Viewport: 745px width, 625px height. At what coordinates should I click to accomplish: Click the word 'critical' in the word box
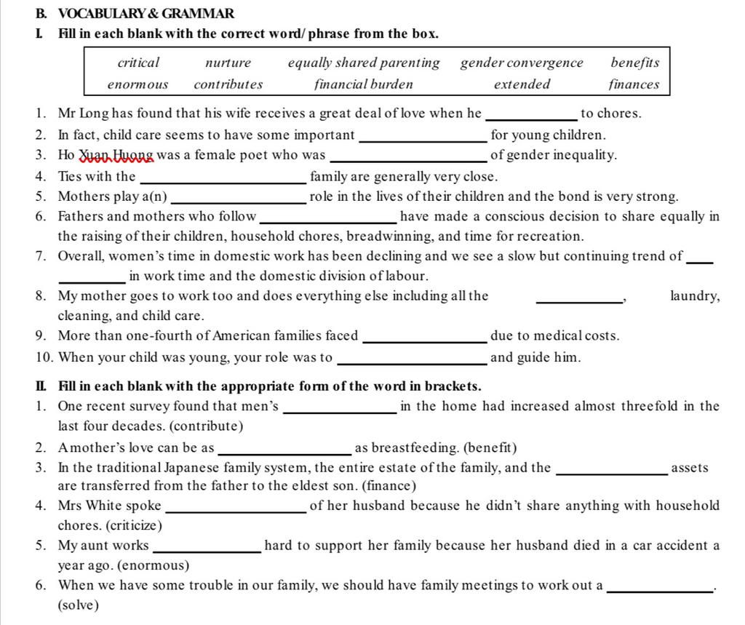(138, 63)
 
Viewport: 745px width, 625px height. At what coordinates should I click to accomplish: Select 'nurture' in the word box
(228, 63)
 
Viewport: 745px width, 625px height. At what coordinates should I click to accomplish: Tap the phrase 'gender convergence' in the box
(522, 63)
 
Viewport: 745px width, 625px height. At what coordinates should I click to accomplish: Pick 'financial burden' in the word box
(363, 84)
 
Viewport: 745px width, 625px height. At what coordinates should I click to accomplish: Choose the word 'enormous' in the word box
(138, 84)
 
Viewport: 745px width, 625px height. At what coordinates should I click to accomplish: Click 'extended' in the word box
(522, 84)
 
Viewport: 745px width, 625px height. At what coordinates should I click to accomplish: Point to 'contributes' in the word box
(228, 84)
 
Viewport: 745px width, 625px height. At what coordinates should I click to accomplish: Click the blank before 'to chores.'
(531, 116)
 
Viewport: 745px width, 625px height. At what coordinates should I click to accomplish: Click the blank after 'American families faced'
(424, 339)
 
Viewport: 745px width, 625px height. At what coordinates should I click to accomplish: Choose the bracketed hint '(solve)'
(78, 605)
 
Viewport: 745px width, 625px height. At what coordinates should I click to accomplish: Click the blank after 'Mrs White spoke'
(236, 509)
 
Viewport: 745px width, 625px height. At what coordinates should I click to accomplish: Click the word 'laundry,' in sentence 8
(695, 296)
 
